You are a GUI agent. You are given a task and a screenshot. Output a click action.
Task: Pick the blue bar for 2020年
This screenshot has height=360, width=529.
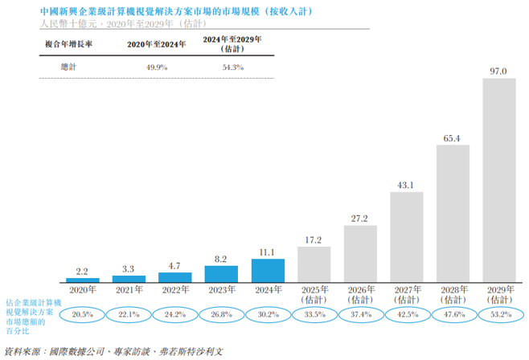coord(83,280)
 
